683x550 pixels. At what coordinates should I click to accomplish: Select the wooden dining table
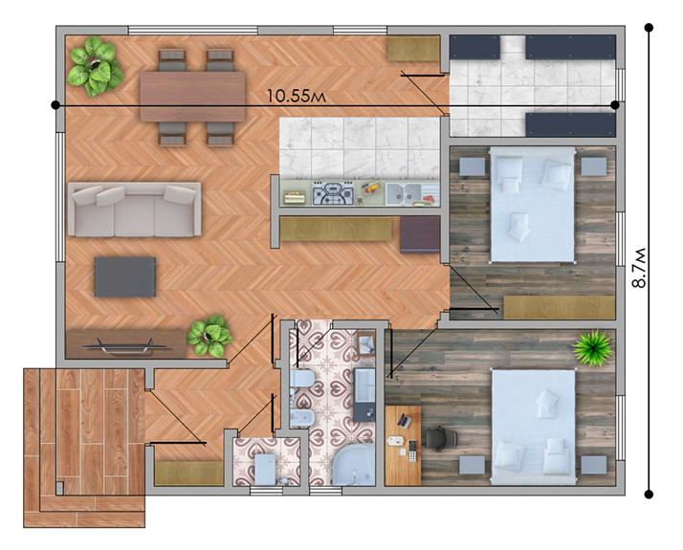click(191, 97)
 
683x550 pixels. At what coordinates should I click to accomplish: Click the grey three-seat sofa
click(134, 209)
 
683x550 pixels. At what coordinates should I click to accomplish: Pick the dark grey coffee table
click(124, 276)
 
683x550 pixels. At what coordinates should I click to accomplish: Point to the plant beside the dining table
click(95, 65)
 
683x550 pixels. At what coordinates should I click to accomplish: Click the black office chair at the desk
click(435, 437)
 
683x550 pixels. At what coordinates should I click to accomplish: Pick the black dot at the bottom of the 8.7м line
click(650, 495)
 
